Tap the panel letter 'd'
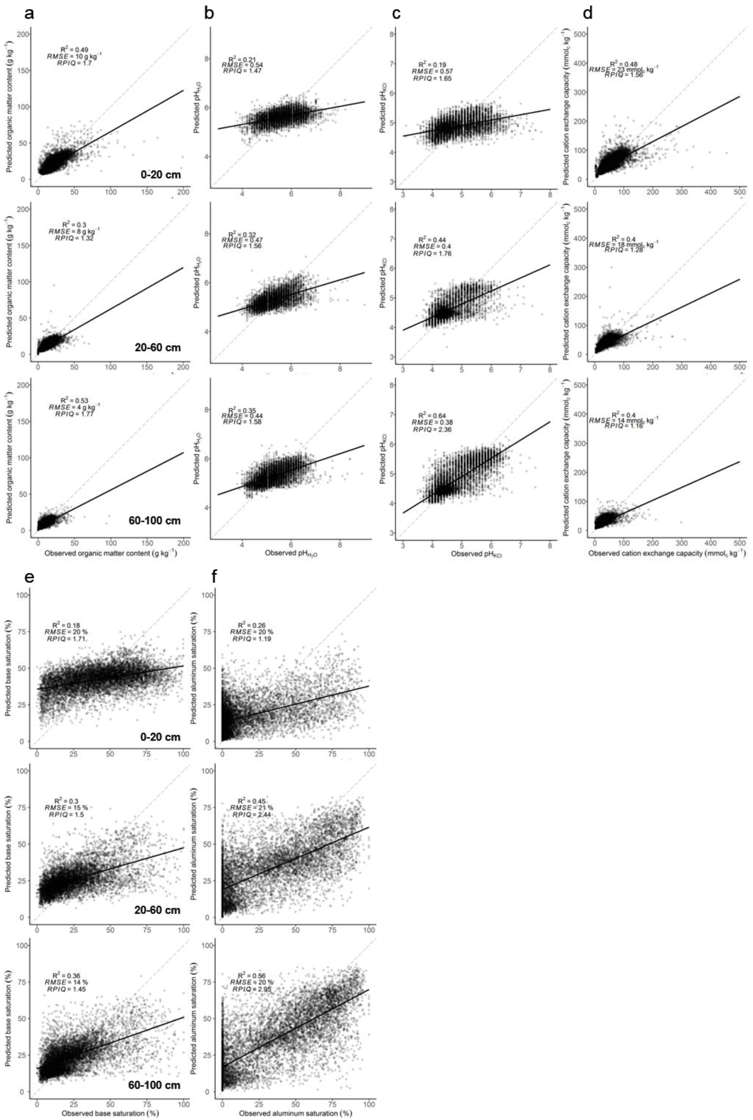[588, 13]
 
